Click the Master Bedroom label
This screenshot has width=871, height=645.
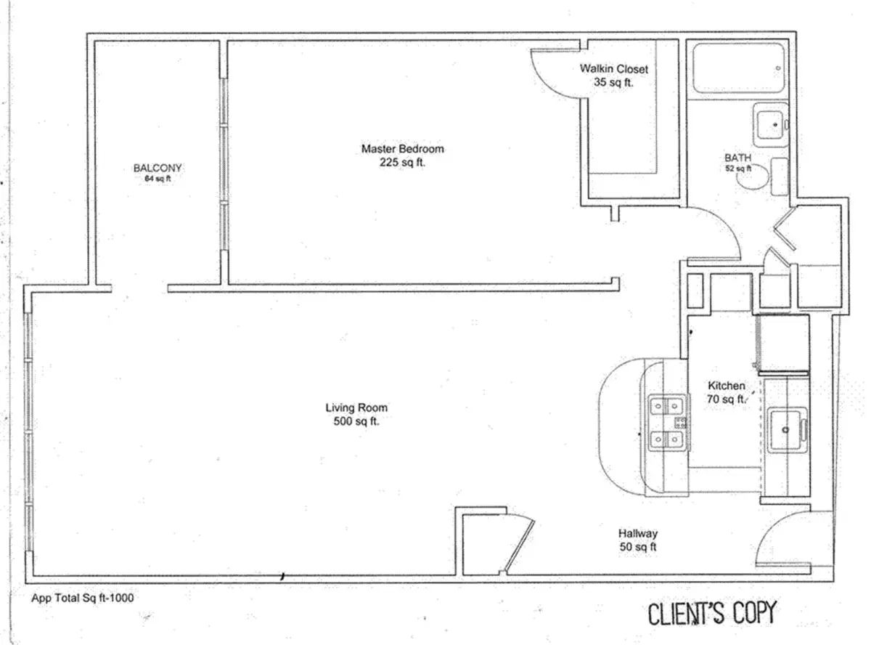pyautogui.click(x=402, y=149)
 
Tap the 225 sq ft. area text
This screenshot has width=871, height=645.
pyautogui.click(x=402, y=163)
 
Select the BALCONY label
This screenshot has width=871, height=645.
pyautogui.click(x=158, y=168)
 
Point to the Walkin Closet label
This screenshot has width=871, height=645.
pyautogui.click(x=613, y=69)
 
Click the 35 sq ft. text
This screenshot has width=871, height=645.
pyautogui.click(x=613, y=83)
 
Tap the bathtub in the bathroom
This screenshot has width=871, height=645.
pyautogui.click(x=737, y=68)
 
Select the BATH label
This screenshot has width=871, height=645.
pyautogui.click(x=737, y=158)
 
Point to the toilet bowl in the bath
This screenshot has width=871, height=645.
pyautogui.click(x=757, y=177)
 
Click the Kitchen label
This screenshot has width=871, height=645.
pyautogui.click(x=726, y=386)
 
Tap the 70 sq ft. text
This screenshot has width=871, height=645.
pyautogui.click(x=726, y=399)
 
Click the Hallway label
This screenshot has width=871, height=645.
pyautogui.click(x=638, y=534)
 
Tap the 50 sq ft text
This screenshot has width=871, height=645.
pyautogui.click(x=638, y=548)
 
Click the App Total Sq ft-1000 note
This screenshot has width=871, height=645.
pyautogui.click(x=82, y=598)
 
